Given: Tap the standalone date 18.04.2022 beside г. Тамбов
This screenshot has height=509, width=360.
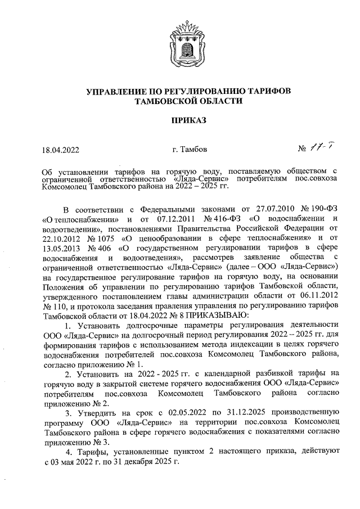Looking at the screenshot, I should click(x=61, y=150).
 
